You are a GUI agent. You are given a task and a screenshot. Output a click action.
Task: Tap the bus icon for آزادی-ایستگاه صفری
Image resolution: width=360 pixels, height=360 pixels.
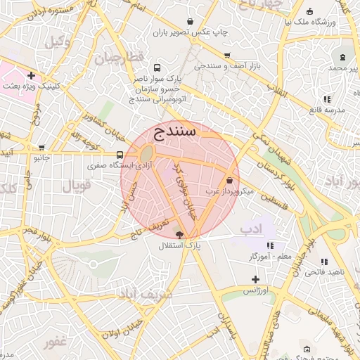pyautogui.click(x=120, y=155)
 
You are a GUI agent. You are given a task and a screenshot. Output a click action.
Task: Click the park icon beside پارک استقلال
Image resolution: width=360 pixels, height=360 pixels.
pyautogui.click(x=179, y=235)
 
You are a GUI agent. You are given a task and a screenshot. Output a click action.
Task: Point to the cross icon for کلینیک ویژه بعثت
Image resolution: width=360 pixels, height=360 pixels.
pyautogui.click(x=31, y=75)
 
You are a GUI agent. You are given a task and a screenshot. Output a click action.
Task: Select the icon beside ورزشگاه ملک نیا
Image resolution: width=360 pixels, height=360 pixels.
pyautogui.click(x=311, y=11)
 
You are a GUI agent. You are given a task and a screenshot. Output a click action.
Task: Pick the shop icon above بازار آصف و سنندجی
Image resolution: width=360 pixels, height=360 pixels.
pyautogui.click(x=226, y=55)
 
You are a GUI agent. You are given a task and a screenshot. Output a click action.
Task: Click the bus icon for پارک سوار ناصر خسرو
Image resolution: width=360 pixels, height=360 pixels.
pyautogui.click(x=156, y=69)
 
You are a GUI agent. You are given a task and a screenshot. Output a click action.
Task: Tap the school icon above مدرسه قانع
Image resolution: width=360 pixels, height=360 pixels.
pyautogui.click(x=328, y=99)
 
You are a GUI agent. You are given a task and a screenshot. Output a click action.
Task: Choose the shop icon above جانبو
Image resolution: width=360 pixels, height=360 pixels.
pyautogui.click(x=42, y=148)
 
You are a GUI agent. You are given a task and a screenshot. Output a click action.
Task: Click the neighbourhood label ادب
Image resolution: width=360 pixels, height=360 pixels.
pyautogui.click(x=250, y=229)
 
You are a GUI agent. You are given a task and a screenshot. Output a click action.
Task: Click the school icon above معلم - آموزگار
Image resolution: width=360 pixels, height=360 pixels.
pyautogui.click(x=269, y=246)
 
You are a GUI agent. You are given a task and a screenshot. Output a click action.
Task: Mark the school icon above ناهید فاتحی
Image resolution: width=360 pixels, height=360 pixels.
pyautogui.click(x=324, y=262)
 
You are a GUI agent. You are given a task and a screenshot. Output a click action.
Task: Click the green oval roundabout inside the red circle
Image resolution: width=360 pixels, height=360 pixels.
pyautogui.click(x=146, y=155)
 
